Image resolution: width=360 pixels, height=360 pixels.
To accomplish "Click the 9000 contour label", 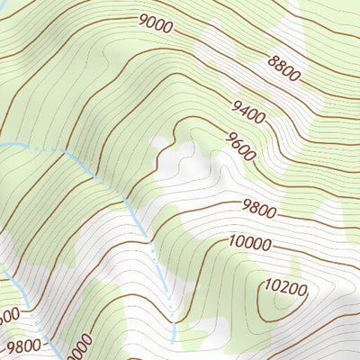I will (x=156, y=25).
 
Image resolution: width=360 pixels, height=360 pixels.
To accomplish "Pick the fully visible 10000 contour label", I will (x=249, y=242).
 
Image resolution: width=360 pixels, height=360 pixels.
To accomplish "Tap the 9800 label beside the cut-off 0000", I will (x=23, y=346).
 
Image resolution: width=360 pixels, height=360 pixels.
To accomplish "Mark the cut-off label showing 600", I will (x=8, y=316).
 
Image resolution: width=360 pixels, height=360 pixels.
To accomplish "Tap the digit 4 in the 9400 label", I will (x=245, y=113).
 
